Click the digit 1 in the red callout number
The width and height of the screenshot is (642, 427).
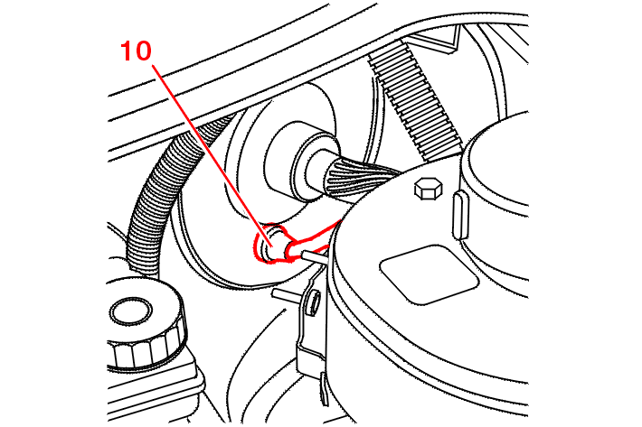pos(127,51)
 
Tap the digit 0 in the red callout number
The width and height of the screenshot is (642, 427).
pos(143,51)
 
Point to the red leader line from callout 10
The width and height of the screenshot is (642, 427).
pos(212,154)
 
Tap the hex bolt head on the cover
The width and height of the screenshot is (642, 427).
pos(429,188)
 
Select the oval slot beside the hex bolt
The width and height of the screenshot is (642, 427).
pos(460,215)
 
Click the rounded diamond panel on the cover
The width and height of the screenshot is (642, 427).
pos(430,274)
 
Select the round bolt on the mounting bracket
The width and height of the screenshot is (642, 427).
pos(313,302)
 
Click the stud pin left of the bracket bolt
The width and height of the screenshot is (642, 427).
pos(287,293)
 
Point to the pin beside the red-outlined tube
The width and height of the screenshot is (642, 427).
pos(315,257)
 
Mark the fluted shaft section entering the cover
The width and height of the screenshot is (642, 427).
pos(360,179)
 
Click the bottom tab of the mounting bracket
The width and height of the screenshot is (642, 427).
pos(325,389)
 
